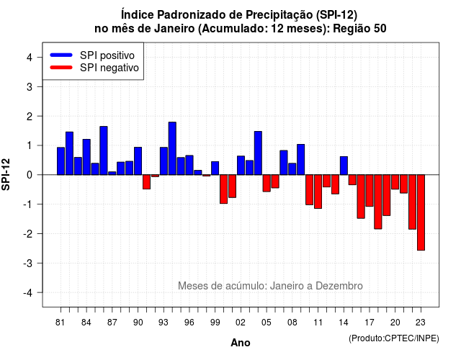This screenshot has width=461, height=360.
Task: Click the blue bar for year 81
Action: [x=61, y=161]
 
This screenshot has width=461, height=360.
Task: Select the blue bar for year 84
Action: [x=86, y=157]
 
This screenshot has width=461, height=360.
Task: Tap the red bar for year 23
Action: [x=421, y=212]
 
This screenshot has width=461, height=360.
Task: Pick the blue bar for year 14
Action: [x=344, y=166]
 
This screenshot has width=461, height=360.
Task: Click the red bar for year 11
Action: [x=318, y=192]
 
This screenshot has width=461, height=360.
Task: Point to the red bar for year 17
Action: [x=370, y=190]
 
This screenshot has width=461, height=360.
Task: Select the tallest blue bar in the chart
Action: [x=172, y=148]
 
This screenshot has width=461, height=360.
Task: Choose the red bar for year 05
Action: [x=267, y=183]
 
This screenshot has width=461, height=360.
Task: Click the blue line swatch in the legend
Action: [x=61, y=55]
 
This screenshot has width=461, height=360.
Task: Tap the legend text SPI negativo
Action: [x=109, y=68]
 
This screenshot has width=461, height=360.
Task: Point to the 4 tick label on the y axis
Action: [x=30, y=58]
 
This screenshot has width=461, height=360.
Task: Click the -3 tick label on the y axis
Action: [x=27, y=263]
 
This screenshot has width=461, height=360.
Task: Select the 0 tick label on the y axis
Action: [x=30, y=175]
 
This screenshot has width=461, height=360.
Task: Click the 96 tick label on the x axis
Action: [x=189, y=323]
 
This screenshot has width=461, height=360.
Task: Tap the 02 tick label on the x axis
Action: [x=241, y=323]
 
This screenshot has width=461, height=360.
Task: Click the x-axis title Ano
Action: [x=241, y=343]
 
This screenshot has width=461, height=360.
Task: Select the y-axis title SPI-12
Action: [x=6, y=174]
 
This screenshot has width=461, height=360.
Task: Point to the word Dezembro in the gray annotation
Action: [x=339, y=286]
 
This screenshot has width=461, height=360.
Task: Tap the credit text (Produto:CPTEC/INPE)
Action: [x=394, y=338]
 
